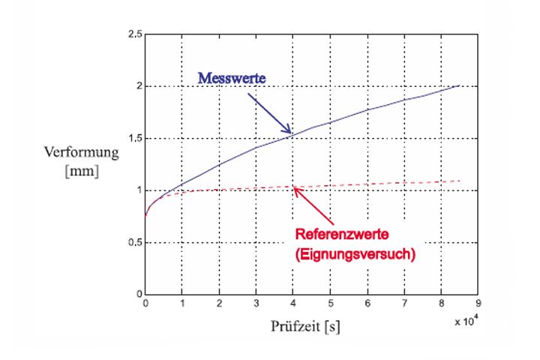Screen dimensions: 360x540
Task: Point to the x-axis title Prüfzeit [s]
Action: click(306, 327)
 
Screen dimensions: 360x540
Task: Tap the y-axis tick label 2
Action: click(139, 86)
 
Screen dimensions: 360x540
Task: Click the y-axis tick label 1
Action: click(139, 190)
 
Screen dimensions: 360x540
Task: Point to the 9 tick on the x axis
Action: click(477, 304)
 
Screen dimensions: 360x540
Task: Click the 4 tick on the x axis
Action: click(292, 304)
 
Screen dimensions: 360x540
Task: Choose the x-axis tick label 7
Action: click(403, 304)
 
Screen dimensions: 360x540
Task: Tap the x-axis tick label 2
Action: click(219, 304)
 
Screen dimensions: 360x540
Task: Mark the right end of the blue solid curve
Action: click(459, 85)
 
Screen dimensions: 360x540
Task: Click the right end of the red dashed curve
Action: click(459, 181)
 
